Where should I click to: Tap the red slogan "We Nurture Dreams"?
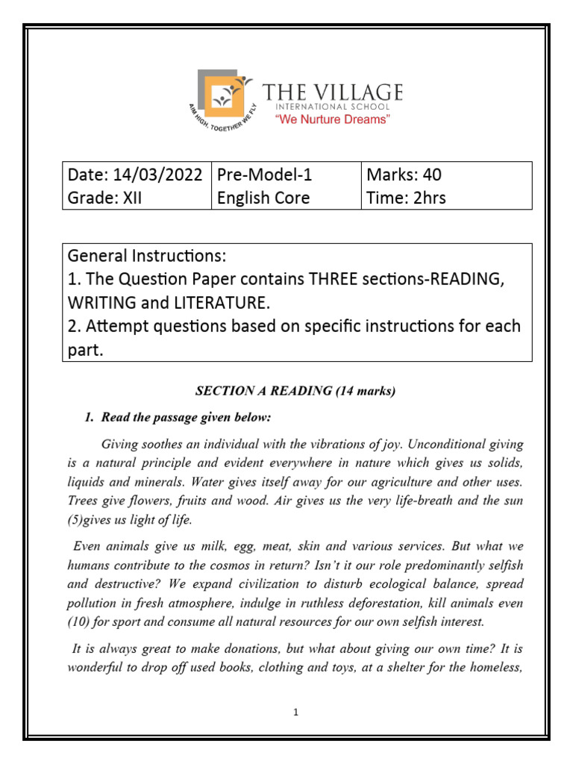click(x=333, y=120)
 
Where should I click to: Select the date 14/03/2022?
click(x=157, y=175)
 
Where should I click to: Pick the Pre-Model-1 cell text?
click(x=263, y=175)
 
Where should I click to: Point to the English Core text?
click(x=263, y=198)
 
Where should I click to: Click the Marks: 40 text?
click(x=404, y=175)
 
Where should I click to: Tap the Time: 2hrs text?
click(x=406, y=198)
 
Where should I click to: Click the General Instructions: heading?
click(x=145, y=257)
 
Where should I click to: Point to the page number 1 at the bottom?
click(x=296, y=713)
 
